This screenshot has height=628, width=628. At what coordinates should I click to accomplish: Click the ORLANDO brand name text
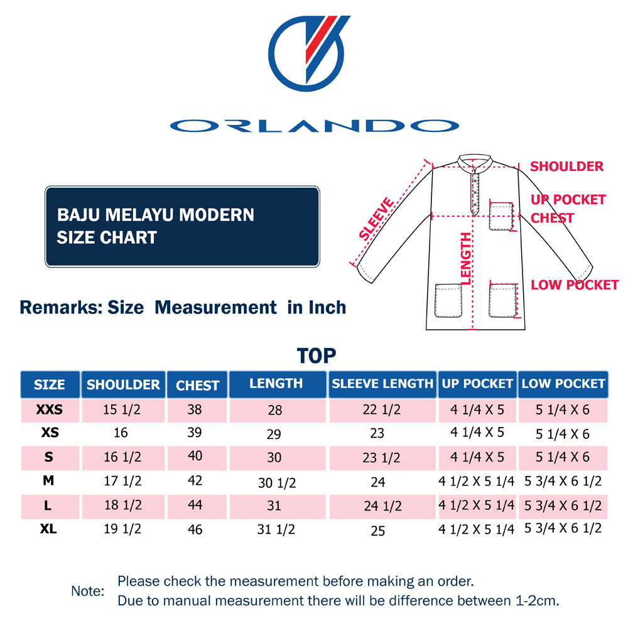click(x=314, y=126)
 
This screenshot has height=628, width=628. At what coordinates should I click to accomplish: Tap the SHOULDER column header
click(x=123, y=384)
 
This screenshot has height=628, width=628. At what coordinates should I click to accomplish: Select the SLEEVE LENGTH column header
click(x=382, y=384)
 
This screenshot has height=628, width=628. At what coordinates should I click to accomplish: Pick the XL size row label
click(x=48, y=529)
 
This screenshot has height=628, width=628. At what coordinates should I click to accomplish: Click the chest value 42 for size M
click(x=195, y=480)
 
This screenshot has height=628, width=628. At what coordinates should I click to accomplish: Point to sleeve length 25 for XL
click(x=377, y=531)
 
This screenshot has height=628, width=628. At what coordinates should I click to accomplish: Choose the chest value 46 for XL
click(x=195, y=529)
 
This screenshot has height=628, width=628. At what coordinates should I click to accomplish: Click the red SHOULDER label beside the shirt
click(x=566, y=166)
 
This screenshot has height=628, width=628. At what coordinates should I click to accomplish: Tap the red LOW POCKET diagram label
click(x=575, y=285)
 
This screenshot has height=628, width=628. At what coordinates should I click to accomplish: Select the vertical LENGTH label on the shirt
click(x=465, y=258)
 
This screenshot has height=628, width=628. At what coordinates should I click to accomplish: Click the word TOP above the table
click(x=317, y=355)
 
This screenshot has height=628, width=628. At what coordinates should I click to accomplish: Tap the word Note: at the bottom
click(x=87, y=591)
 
